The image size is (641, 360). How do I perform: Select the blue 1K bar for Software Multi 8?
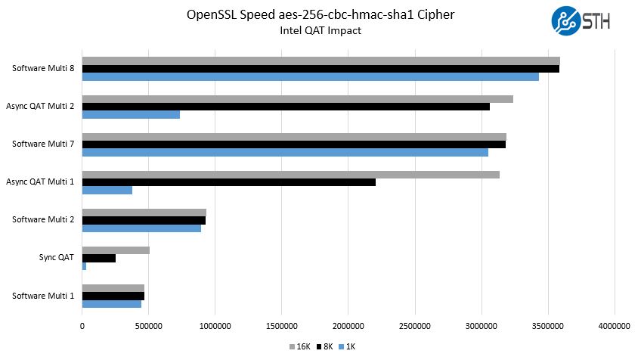pos(310,76)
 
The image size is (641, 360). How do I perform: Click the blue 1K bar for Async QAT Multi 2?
pos(131,114)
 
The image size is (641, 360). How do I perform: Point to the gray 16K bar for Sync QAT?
pos(116,250)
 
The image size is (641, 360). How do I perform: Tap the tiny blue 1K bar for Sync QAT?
pos(84,266)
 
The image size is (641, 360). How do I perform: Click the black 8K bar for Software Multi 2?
pos(144,220)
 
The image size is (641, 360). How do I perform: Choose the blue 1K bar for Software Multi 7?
pos(285,152)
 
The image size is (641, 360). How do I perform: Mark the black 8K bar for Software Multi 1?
pos(113,296)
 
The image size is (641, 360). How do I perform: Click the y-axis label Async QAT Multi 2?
pos(40,106)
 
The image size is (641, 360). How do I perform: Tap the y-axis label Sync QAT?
pos(56,257)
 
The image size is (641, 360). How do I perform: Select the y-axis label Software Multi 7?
pos(43,144)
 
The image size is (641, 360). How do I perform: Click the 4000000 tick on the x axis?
pos(614,327)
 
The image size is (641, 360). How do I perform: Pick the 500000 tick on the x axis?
pos(148,327)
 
